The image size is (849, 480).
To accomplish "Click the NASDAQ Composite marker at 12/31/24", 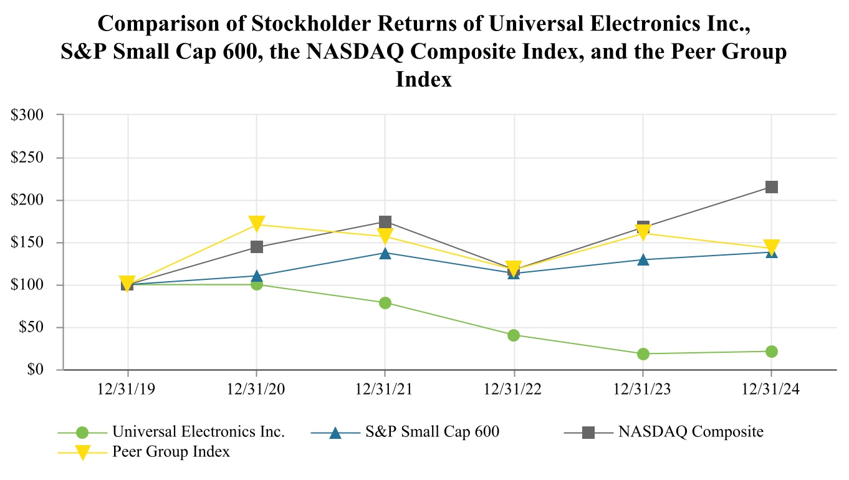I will click(771, 187).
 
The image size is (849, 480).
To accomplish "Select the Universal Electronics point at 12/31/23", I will click(643, 354).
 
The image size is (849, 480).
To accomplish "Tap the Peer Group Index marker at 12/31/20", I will click(256, 223).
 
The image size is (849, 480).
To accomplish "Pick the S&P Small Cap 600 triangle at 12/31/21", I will click(385, 252).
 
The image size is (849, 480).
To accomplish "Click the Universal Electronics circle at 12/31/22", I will click(514, 335).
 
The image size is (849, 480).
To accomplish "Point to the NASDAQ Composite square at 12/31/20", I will click(256, 247).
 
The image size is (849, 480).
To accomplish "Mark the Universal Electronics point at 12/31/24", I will click(771, 352).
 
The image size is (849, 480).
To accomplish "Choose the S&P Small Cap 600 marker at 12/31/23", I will click(643, 259).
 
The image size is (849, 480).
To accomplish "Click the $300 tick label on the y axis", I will click(27, 115).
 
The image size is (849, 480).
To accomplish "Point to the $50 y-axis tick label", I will click(30, 327).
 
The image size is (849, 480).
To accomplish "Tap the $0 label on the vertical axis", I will click(36, 370).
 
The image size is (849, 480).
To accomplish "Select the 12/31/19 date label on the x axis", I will click(128, 388).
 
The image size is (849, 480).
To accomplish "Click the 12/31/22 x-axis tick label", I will click(514, 388).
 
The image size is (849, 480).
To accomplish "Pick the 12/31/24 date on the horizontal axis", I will click(771, 388).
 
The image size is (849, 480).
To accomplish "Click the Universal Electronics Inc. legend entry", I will click(198, 431).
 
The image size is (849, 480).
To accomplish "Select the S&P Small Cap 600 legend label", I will click(432, 431).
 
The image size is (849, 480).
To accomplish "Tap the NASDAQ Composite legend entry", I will click(691, 431).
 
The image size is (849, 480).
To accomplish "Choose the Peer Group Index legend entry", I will click(171, 452).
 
